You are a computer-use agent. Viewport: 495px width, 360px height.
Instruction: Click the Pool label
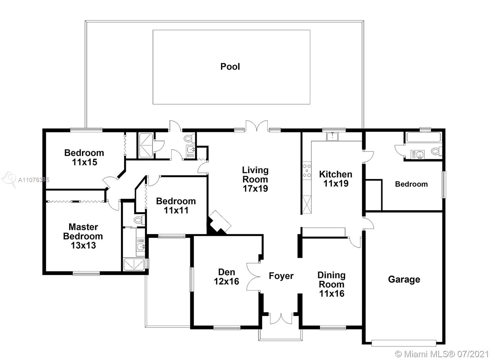tap(230, 67)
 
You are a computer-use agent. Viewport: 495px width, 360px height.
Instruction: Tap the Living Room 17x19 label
tap(255, 179)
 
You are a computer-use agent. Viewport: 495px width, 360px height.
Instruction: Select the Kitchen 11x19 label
tap(336, 179)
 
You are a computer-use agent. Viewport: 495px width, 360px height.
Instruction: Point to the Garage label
tap(404, 280)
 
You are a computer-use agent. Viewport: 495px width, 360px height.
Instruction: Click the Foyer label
tap(281, 276)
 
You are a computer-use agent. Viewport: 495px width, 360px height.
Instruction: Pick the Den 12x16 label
tap(226, 277)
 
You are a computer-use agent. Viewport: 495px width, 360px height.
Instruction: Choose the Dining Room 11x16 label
tap(332, 284)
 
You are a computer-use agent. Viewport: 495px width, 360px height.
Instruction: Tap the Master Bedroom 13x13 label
tap(83, 236)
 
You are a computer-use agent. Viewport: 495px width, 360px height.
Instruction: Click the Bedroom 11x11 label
tap(176, 206)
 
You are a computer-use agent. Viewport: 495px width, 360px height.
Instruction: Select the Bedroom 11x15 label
tap(84, 158)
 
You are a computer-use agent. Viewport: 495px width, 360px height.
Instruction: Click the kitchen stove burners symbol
tap(307, 171)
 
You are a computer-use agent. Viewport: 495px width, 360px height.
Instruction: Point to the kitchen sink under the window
tap(332, 136)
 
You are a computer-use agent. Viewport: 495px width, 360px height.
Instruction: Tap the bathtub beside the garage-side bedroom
tap(424, 137)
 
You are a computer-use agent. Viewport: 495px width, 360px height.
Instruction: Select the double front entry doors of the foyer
tap(281, 319)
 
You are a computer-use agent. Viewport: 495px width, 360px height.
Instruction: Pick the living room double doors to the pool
tap(257, 126)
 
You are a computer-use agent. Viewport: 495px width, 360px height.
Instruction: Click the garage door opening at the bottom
tap(404, 343)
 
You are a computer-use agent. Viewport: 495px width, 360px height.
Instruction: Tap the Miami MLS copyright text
tap(442, 354)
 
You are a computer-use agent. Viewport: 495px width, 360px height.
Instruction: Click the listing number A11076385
tap(34, 180)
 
